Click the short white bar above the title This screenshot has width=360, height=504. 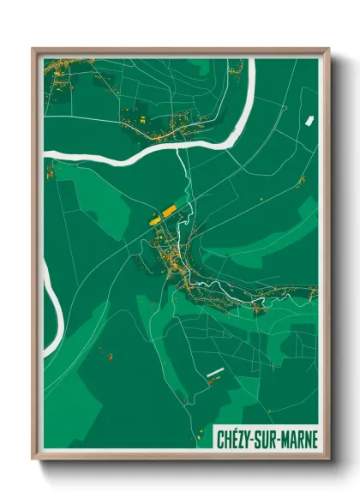click(x=215, y=372)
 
